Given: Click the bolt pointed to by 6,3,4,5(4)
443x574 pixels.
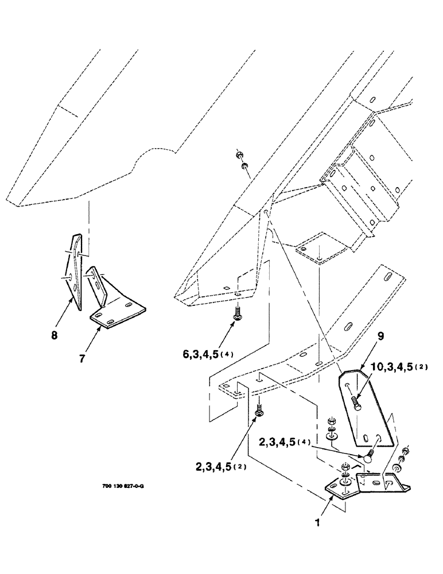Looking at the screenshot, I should tap(236, 312).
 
